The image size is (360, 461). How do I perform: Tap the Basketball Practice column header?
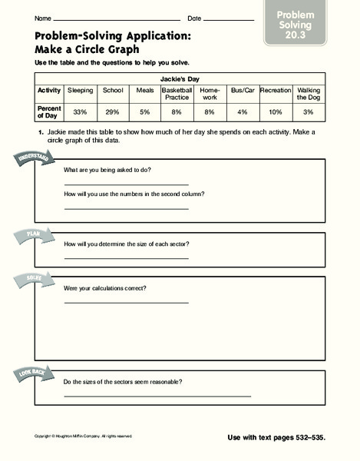point(177,94)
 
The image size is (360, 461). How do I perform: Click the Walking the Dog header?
point(309,94)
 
